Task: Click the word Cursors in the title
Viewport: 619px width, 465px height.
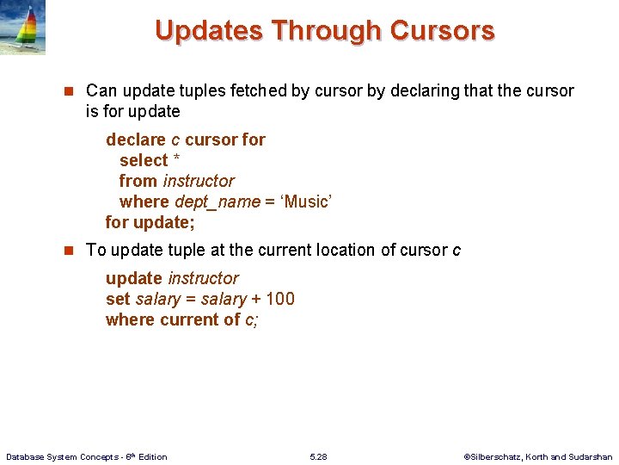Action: pyautogui.click(x=442, y=30)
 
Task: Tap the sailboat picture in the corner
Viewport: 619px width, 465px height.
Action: pyautogui.click(x=23, y=28)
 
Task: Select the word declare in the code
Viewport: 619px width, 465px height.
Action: pyautogui.click(x=135, y=139)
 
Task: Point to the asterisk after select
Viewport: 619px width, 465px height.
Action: pyautogui.click(x=176, y=161)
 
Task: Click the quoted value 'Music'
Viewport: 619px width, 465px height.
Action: pyautogui.click(x=307, y=201)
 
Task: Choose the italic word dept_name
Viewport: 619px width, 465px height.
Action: pyautogui.click(x=217, y=201)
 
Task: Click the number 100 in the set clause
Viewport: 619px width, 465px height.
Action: pyautogui.click(x=280, y=299)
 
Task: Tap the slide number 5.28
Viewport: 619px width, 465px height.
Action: pyautogui.click(x=317, y=456)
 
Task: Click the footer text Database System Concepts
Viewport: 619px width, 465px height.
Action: pyautogui.click(x=66, y=456)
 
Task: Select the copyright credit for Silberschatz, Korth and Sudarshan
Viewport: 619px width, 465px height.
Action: pyautogui.click(x=538, y=456)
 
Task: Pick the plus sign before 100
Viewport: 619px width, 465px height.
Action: pyautogui.click(x=256, y=299)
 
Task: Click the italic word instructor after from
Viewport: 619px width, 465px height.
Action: pyautogui.click(x=199, y=181)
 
